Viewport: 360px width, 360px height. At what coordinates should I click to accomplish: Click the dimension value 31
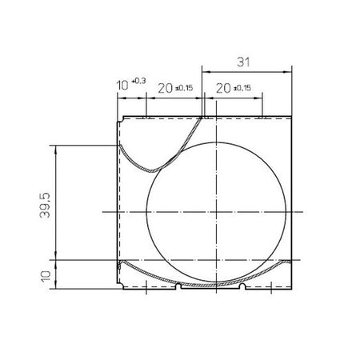point(245,60)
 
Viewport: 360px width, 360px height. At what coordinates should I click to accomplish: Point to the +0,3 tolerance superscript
point(139,81)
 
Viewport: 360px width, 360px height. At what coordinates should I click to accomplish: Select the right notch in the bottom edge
point(241,286)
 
